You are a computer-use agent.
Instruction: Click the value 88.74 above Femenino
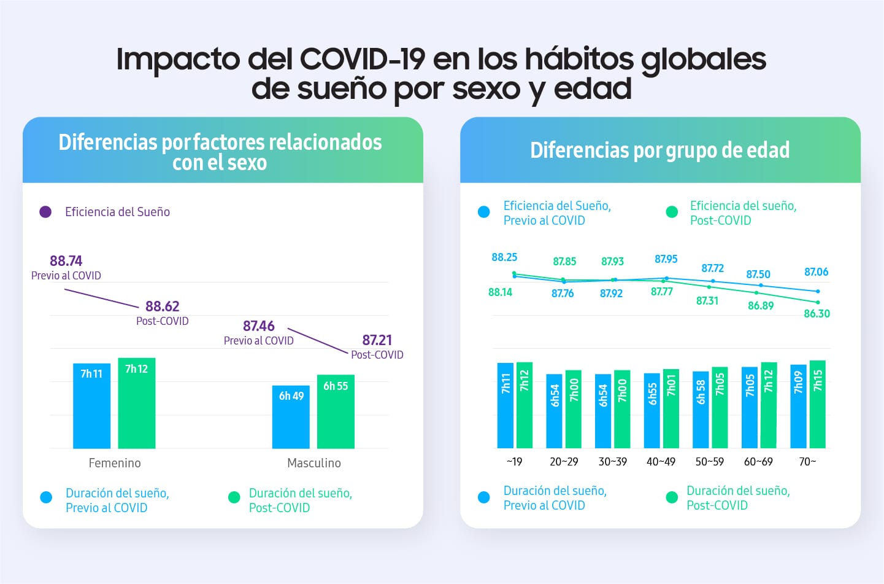pyautogui.click(x=66, y=261)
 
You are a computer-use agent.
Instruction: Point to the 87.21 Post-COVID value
pyautogui.click(x=377, y=340)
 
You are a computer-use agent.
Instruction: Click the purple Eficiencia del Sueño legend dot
pyautogui.click(x=45, y=212)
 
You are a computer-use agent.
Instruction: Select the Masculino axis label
pyautogui.click(x=314, y=463)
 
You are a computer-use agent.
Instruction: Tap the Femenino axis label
pyautogui.click(x=115, y=463)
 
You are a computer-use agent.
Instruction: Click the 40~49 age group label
pyautogui.click(x=661, y=462)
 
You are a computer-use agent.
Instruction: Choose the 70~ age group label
pyautogui.click(x=807, y=462)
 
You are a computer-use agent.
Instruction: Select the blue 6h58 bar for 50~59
pyautogui.click(x=701, y=410)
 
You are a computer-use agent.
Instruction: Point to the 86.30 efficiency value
pyautogui.click(x=817, y=314)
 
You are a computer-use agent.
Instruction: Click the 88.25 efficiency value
pyautogui.click(x=504, y=257)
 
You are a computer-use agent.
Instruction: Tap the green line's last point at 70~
pyautogui.click(x=818, y=302)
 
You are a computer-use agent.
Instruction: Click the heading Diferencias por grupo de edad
pyautogui.click(x=659, y=150)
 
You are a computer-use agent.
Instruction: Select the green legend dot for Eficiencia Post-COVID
pyautogui.click(x=672, y=212)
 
